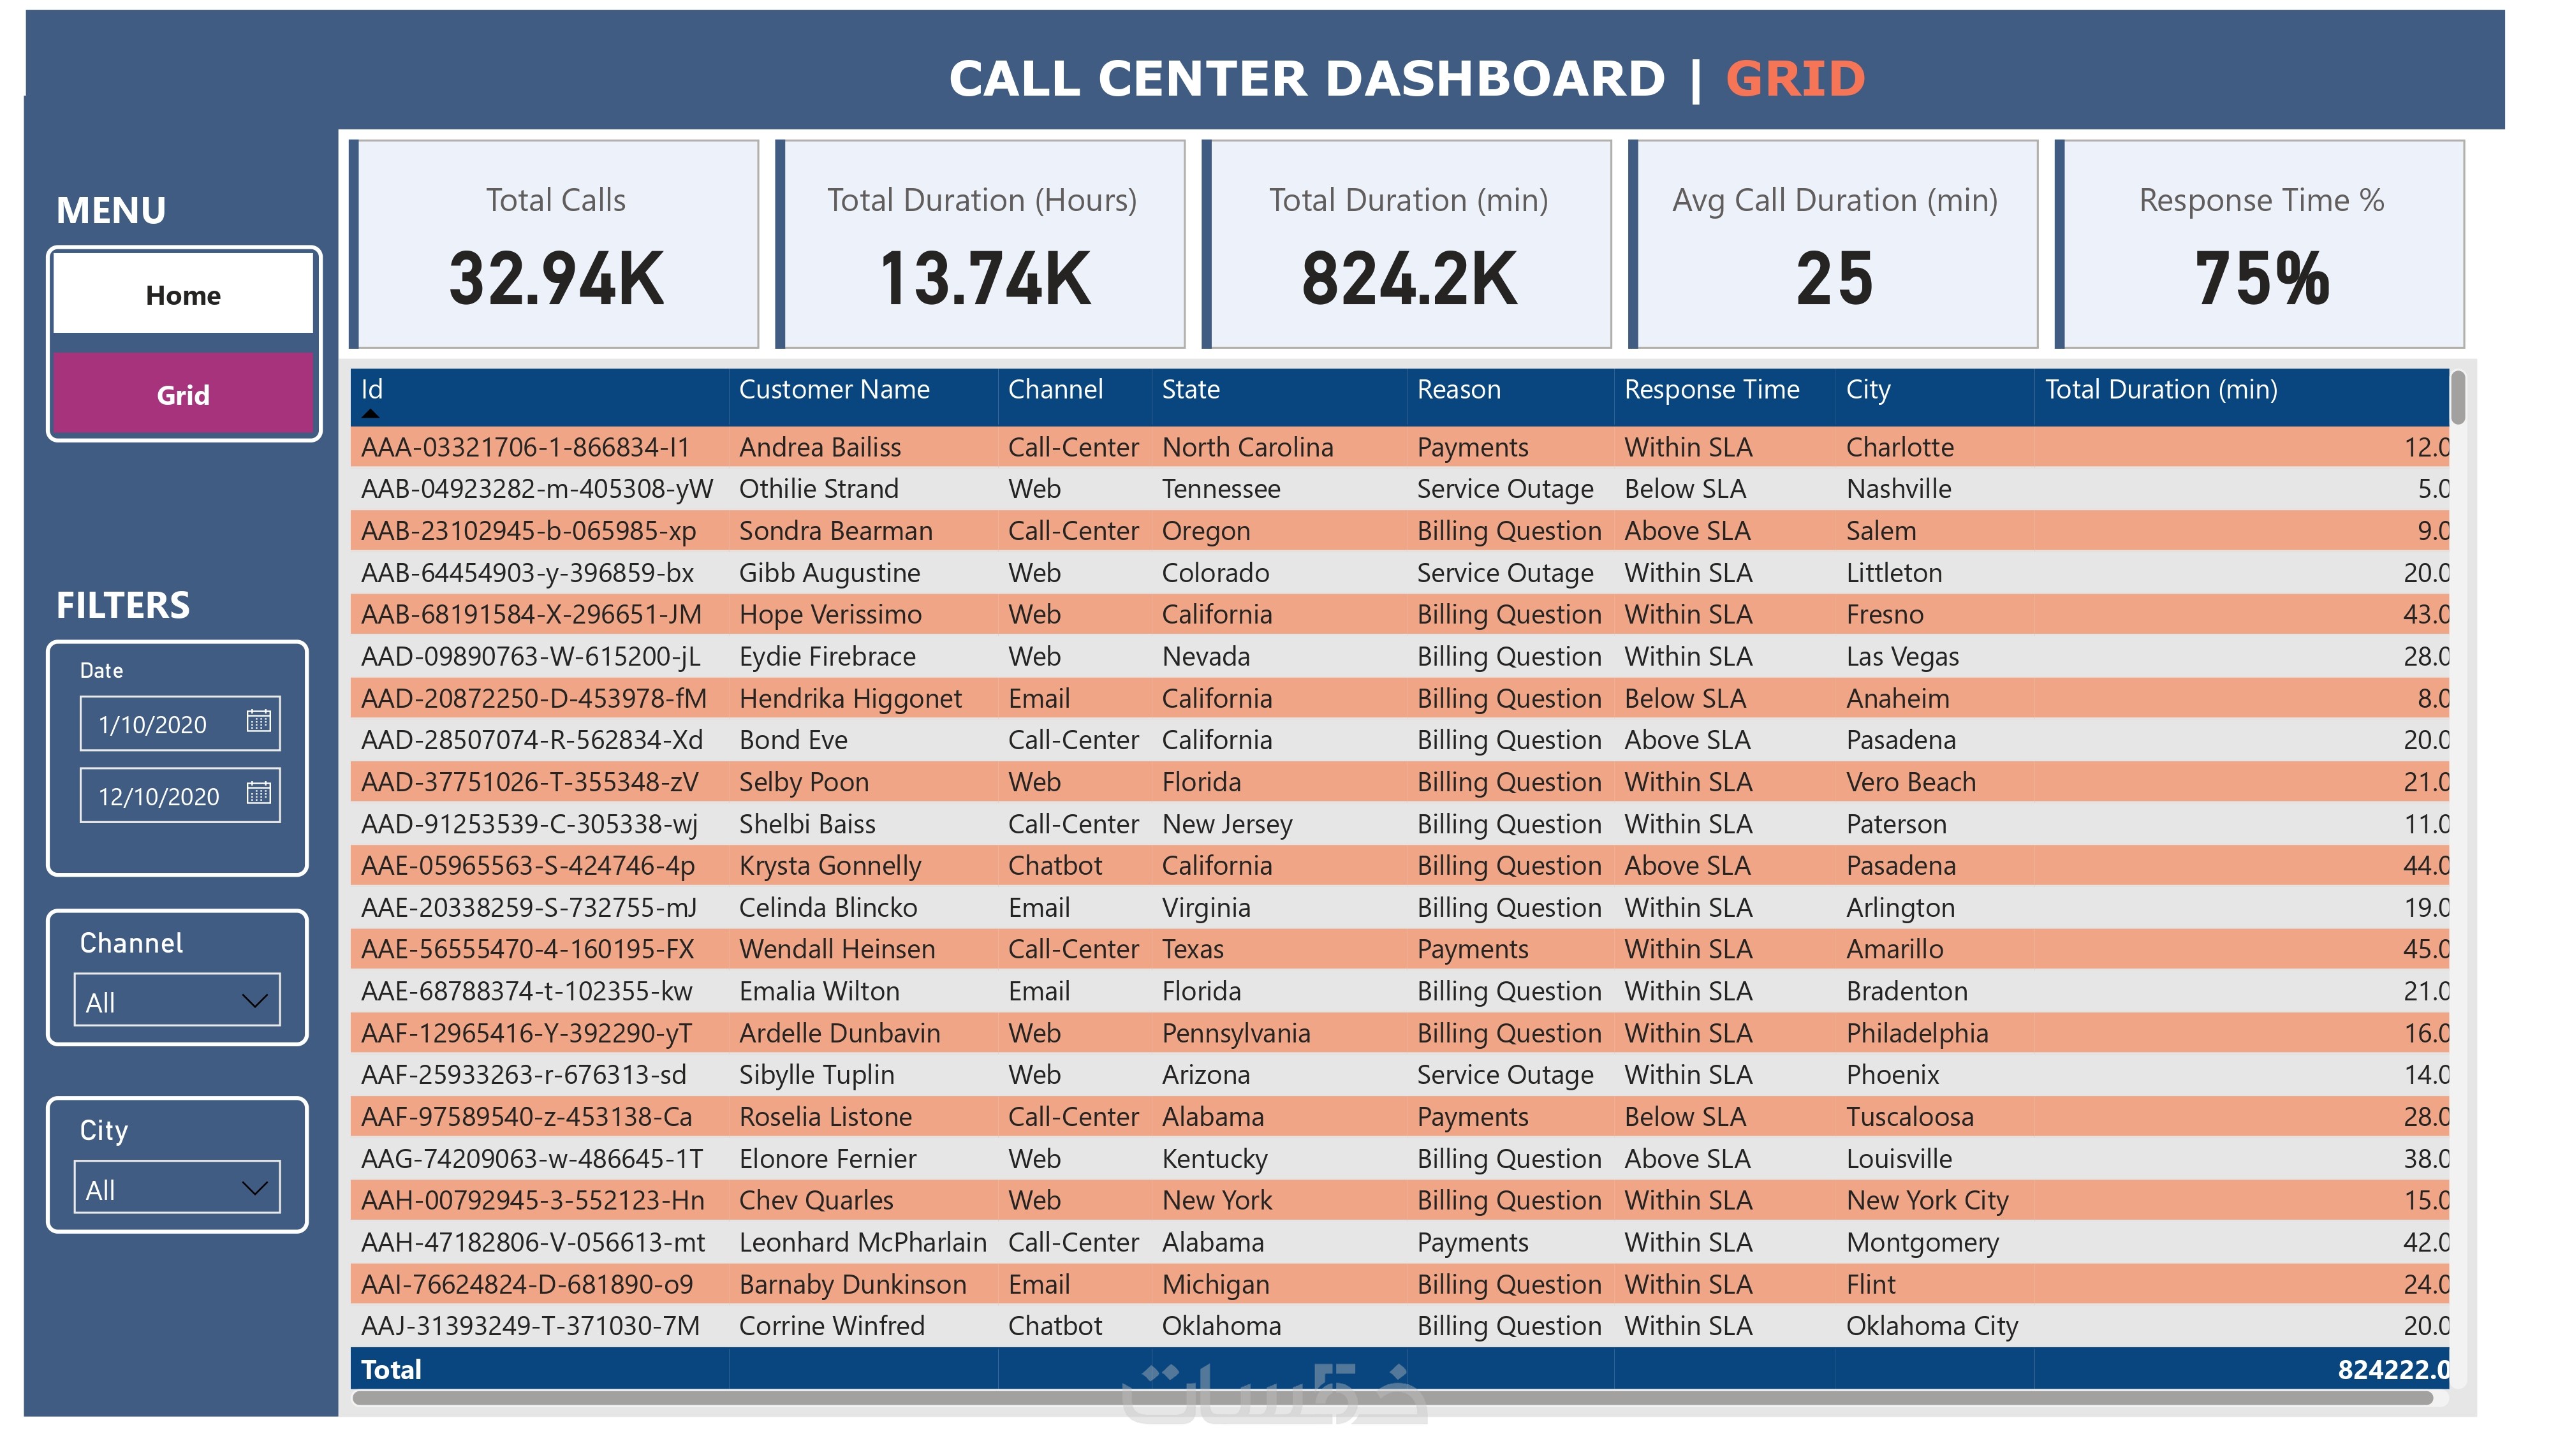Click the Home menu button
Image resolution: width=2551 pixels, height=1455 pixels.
183,295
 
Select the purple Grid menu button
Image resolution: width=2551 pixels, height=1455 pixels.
183,395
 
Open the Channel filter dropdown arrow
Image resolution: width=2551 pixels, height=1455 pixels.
255,1000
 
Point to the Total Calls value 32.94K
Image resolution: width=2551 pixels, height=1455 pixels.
557,279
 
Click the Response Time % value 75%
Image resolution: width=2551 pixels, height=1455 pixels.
2261,279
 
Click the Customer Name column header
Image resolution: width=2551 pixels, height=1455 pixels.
834,390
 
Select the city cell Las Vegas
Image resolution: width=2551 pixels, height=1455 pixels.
1902,657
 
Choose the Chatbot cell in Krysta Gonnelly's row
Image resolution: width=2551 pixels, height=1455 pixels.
1054,865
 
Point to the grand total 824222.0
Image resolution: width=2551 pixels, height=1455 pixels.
2392,1369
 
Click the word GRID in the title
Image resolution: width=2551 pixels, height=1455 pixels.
1795,79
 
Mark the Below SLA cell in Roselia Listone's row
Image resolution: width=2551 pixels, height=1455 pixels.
1685,1117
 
